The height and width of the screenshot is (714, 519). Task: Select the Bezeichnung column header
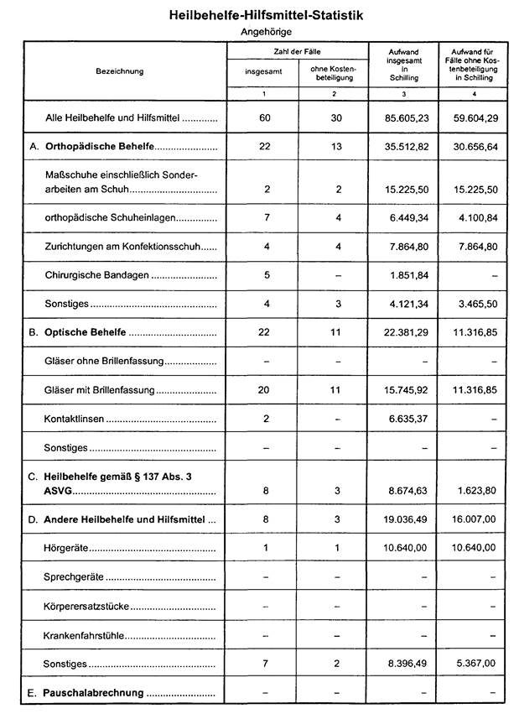point(120,71)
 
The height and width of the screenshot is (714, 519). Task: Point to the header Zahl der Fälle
point(298,52)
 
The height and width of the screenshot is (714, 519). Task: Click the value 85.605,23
point(404,118)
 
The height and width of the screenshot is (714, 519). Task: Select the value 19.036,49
point(404,520)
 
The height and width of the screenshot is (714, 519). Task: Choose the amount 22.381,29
point(404,332)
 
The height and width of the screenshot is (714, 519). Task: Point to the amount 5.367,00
point(477,664)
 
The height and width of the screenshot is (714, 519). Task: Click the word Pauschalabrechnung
point(93,693)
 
